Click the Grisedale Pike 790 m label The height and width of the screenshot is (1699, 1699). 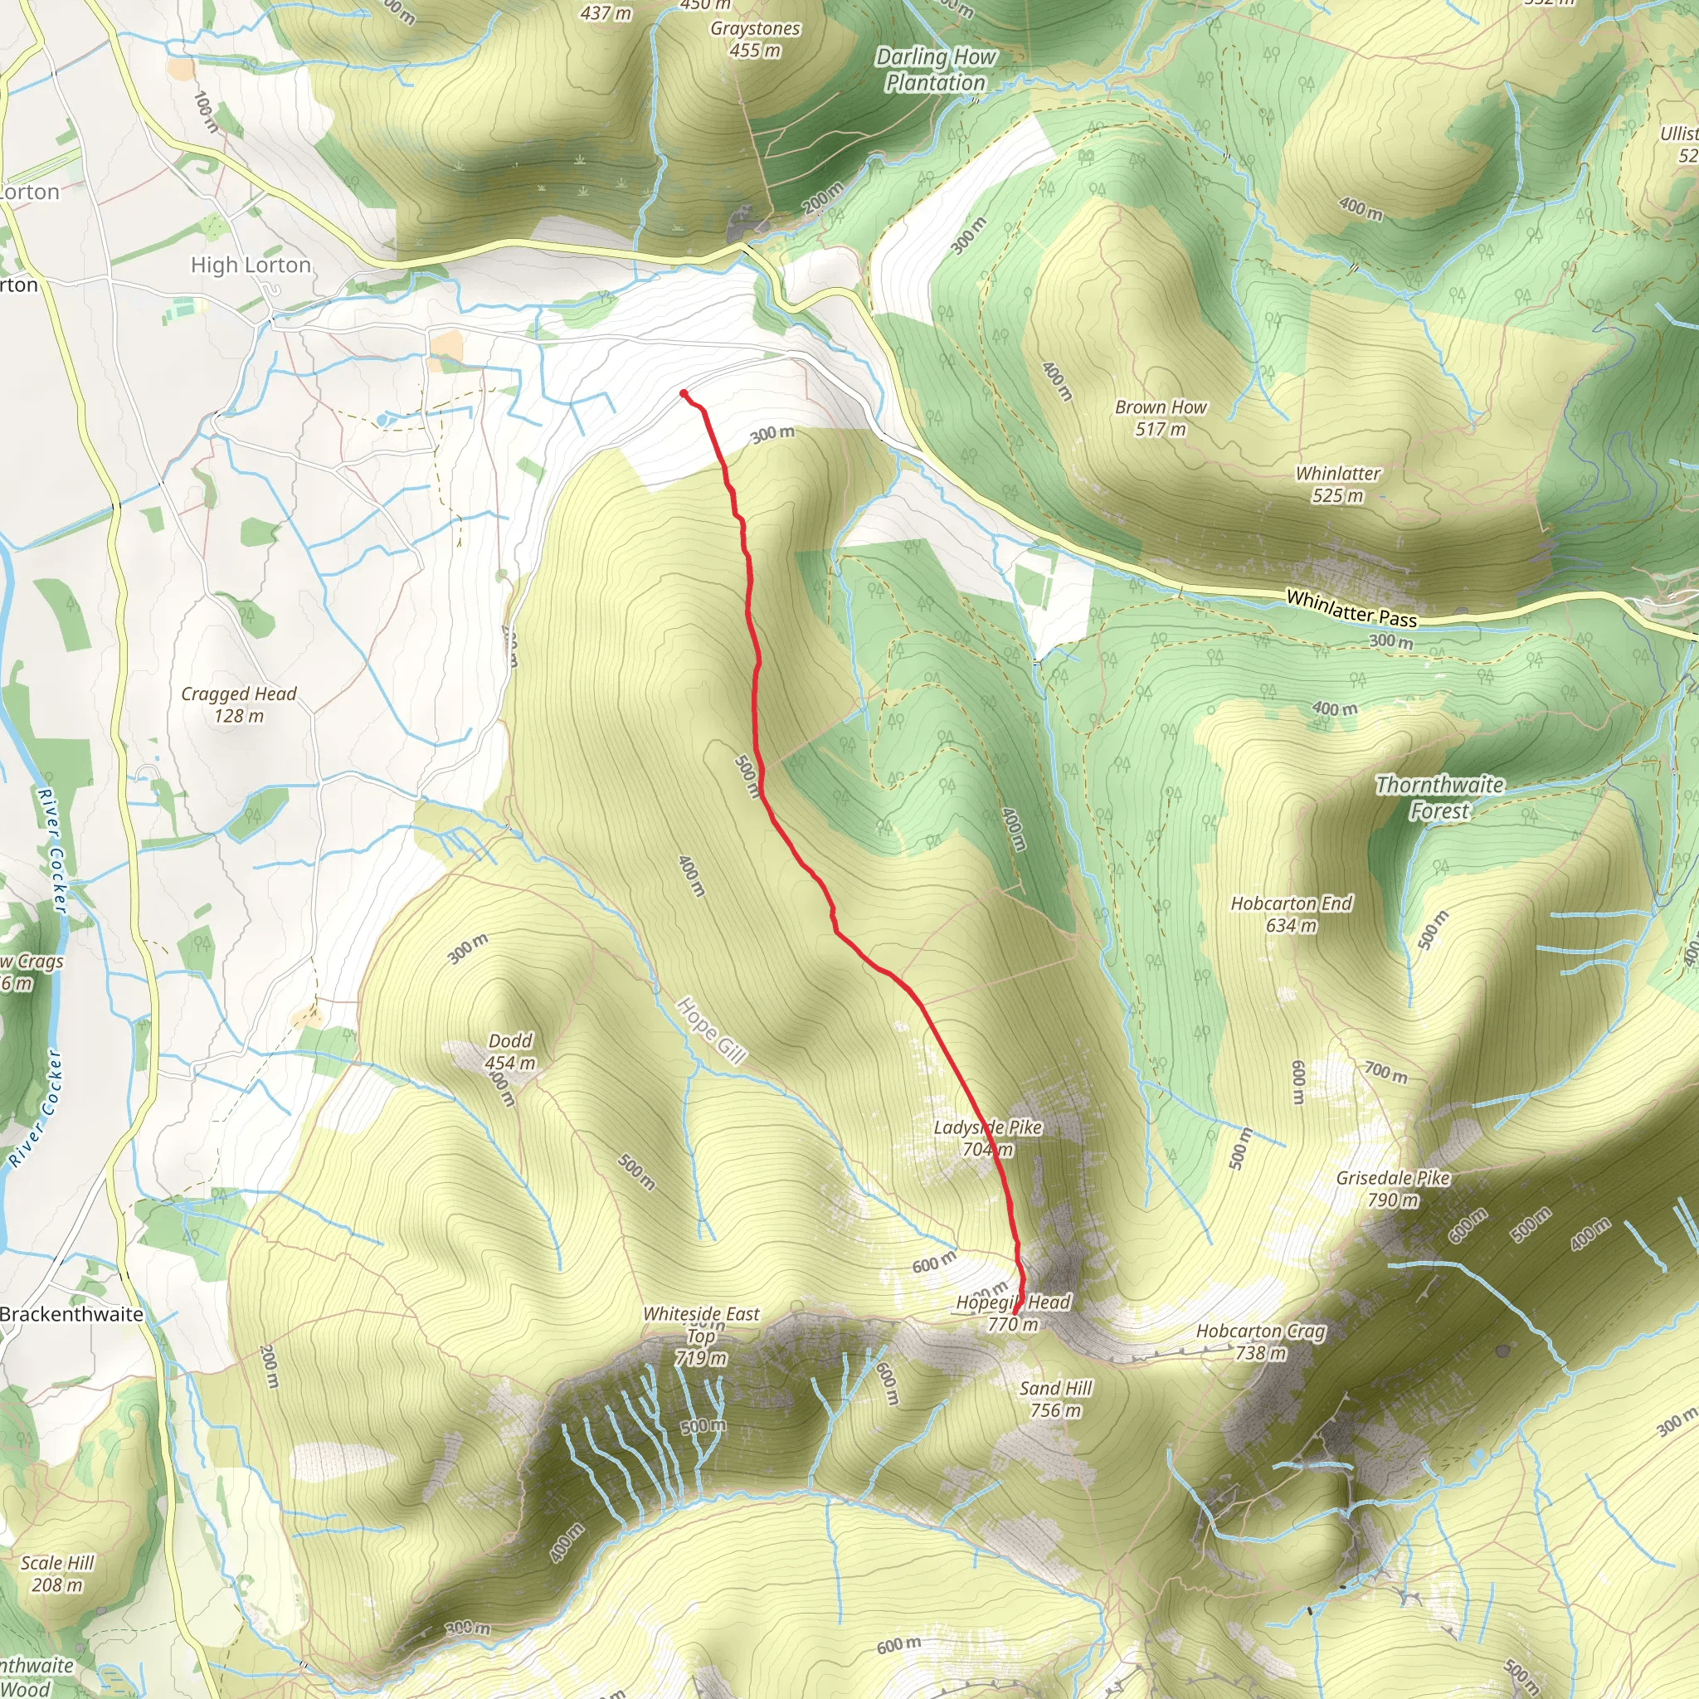click(x=1392, y=1188)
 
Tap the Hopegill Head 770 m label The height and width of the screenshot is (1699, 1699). click(x=1013, y=1313)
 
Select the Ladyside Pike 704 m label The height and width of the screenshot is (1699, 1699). click(x=987, y=1138)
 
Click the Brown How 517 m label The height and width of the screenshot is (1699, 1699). click(x=1160, y=418)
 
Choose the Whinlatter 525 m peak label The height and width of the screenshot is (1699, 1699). click(x=1337, y=484)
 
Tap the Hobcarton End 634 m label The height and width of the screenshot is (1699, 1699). click(x=1291, y=913)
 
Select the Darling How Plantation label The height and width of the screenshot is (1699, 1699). click(x=936, y=70)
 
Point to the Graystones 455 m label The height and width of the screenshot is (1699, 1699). click(x=756, y=39)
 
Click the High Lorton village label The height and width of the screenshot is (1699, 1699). click(x=251, y=265)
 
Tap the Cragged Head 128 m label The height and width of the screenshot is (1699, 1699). click(x=238, y=704)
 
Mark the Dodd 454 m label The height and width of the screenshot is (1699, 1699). click(x=510, y=1051)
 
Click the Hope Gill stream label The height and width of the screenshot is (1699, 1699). click(x=711, y=1030)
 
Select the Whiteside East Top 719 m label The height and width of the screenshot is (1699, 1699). click(x=701, y=1336)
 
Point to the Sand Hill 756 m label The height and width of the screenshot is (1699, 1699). click(x=1055, y=1400)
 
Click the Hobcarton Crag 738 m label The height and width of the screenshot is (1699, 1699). click(x=1260, y=1342)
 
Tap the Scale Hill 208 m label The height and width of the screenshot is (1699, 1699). click(x=57, y=1573)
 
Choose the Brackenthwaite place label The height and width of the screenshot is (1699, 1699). click(x=72, y=1314)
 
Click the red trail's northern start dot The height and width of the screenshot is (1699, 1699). click(x=684, y=393)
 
